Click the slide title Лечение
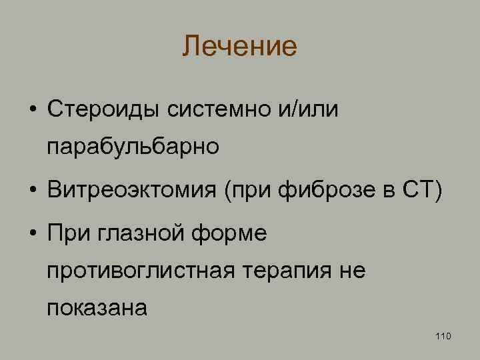[239, 47]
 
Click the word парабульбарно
[133, 145]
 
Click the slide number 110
[443, 335]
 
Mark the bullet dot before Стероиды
[32, 109]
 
